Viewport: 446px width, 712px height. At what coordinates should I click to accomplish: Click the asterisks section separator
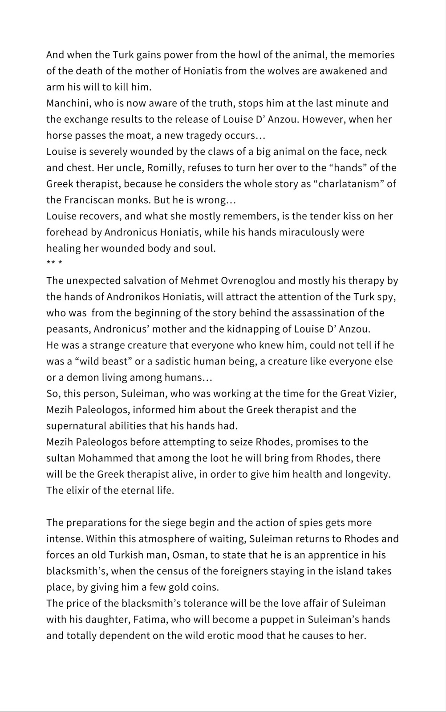coord(54,263)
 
